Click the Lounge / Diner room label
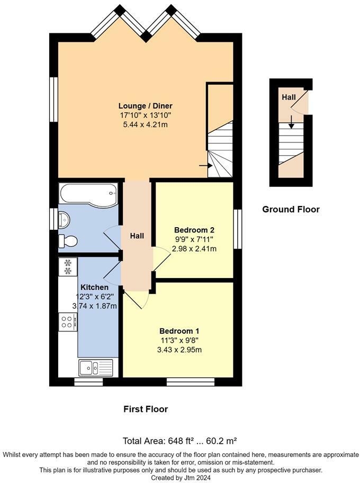click(x=145, y=105)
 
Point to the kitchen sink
click(x=95, y=366)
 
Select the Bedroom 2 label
click(x=194, y=230)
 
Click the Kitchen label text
click(x=95, y=287)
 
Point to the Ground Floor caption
click(x=291, y=209)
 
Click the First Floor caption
click(x=146, y=409)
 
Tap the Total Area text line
click(x=179, y=441)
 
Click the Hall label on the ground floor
click(x=289, y=97)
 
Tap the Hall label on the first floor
click(x=137, y=235)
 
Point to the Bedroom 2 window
click(x=238, y=228)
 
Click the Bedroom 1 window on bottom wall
click(x=190, y=381)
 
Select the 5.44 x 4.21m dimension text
click(x=145, y=124)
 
